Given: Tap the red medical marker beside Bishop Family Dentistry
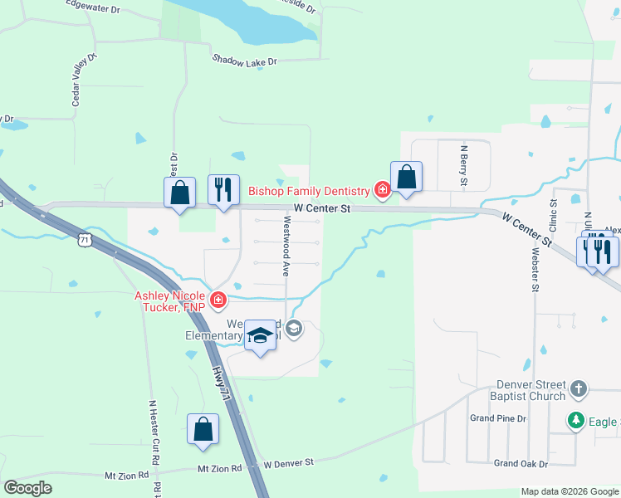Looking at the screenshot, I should point(382,191).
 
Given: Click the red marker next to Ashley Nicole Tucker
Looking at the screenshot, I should point(218,300).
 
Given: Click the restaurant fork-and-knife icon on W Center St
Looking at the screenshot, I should point(223,190).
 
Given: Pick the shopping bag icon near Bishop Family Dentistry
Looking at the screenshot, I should point(406,177).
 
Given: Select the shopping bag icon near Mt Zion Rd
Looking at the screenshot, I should point(203,429).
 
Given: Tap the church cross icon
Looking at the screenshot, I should point(579,388).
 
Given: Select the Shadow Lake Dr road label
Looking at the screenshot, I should point(244,61).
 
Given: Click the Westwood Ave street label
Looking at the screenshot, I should point(286,235).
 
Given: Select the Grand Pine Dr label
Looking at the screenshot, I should point(498,418).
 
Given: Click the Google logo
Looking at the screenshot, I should point(28,488).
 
